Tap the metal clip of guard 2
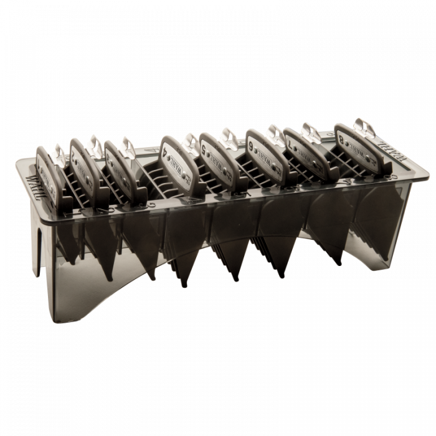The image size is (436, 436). (95, 143)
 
